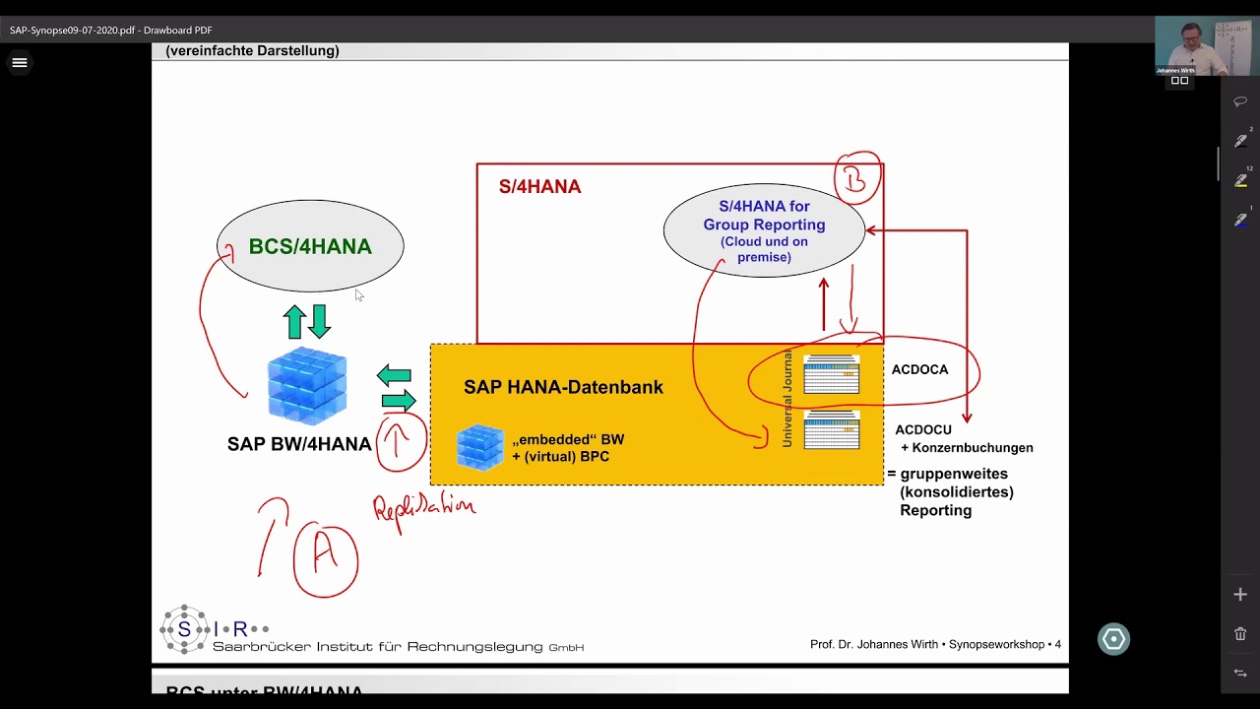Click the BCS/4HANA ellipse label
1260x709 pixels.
(x=310, y=246)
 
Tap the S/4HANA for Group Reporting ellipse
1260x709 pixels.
(x=764, y=230)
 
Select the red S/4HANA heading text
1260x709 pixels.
(x=539, y=186)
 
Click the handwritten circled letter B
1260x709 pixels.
(x=856, y=178)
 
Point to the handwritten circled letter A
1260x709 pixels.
(x=325, y=558)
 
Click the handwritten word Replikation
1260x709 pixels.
(x=424, y=508)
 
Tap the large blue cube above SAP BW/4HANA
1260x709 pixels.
(x=307, y=385)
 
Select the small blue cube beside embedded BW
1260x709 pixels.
(x=480, y=447)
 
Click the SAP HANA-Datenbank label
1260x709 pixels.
(x=563, y=387)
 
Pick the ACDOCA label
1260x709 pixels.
(x=919, y=369)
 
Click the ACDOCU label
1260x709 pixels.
(x=923, y=429)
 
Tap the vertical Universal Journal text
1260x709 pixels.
(x=787, y=398)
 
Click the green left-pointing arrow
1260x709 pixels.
(x=394, y=375)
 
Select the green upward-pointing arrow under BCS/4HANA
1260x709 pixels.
(x=294, y=321)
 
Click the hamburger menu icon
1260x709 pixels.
(x=19, y=63)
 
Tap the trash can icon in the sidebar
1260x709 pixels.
(x=1240, y=634)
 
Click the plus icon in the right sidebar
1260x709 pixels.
(x=1240, y=594)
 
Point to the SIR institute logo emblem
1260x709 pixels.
(x=184, y=629)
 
